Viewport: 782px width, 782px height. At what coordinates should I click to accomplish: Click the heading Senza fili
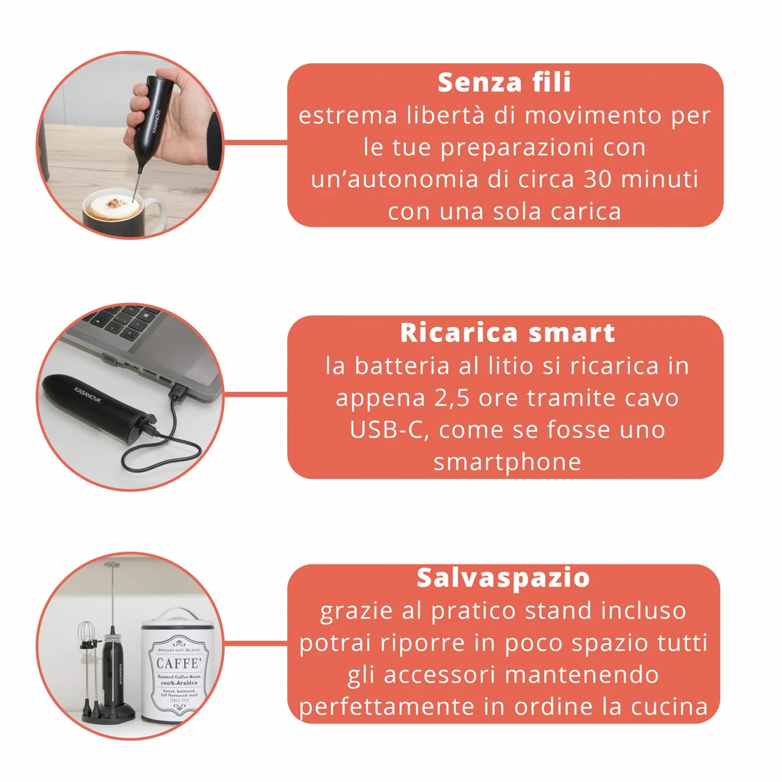504,83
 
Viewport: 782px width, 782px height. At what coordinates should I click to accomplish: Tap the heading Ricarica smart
508,333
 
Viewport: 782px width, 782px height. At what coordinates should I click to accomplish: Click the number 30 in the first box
597,179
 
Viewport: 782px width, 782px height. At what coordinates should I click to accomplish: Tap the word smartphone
508,463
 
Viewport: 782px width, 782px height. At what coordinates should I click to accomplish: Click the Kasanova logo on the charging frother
88,395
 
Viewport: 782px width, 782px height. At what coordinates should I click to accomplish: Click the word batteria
402,366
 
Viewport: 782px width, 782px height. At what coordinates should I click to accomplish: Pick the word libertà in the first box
445,115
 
